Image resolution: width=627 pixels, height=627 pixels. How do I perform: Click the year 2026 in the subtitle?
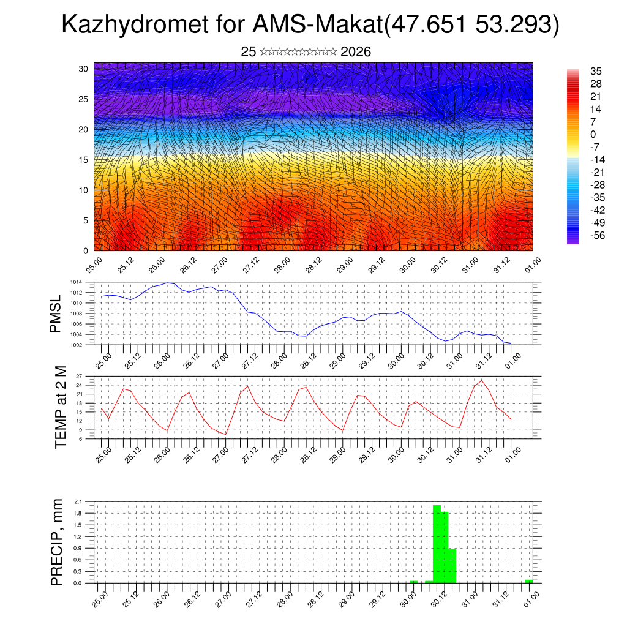click(x=356, y=52)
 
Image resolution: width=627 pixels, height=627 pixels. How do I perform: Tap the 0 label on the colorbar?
click(x=593, y=134)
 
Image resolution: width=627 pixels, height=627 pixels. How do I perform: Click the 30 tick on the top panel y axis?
click(x=84, y=69)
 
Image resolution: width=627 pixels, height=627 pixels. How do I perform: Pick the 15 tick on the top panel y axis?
click(x=84, y=160)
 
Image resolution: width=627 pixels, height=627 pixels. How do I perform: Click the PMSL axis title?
click(x=56, y=314)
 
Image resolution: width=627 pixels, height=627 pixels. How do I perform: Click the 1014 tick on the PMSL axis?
click(x=76, y=282)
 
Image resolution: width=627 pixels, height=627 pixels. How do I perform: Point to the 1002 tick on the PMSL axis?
click(x=76, y=345)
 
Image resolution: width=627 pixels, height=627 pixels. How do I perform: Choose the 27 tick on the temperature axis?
click(x=79, y=376)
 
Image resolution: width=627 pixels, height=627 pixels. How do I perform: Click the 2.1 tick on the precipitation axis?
click(x=78, y=501)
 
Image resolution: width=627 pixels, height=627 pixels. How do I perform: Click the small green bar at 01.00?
click(x=529, y=580)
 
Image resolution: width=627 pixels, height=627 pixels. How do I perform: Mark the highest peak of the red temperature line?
click(x=482, y=381)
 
